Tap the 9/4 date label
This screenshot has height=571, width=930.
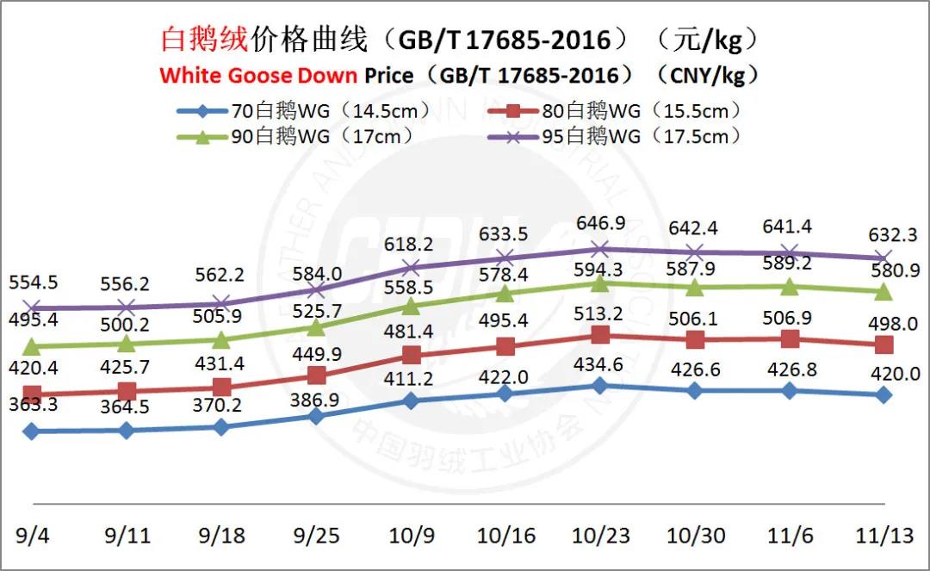(33, 536)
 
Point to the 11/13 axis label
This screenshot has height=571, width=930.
(885, 536)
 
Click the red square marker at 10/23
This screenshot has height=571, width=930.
(601, 335)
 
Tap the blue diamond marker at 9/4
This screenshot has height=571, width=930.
(33, 431)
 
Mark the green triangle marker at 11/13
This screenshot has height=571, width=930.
(883, 293)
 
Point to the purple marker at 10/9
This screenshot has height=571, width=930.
(412, 267)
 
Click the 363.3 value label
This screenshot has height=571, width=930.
(34, 403)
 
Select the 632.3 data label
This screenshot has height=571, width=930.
(883, 233)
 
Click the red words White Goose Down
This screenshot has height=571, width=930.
(258, 75)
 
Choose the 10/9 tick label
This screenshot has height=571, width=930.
(412, 536)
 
